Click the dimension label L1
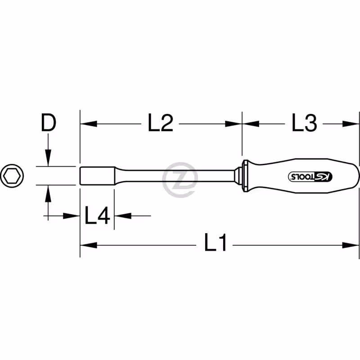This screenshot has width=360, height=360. click(x=216, y=242)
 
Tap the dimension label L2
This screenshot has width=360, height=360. click(x=160, y=123)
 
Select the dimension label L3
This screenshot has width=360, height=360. click(x=304, y=123)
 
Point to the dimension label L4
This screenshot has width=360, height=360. click(x=97, y=215)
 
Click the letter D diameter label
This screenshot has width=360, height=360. click(x=49, y=123)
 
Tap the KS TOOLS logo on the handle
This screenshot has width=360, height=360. click(x=310, y=176)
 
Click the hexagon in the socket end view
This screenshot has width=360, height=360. click(x=12, y=176)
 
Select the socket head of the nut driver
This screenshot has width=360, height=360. click(x=97, y=176)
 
